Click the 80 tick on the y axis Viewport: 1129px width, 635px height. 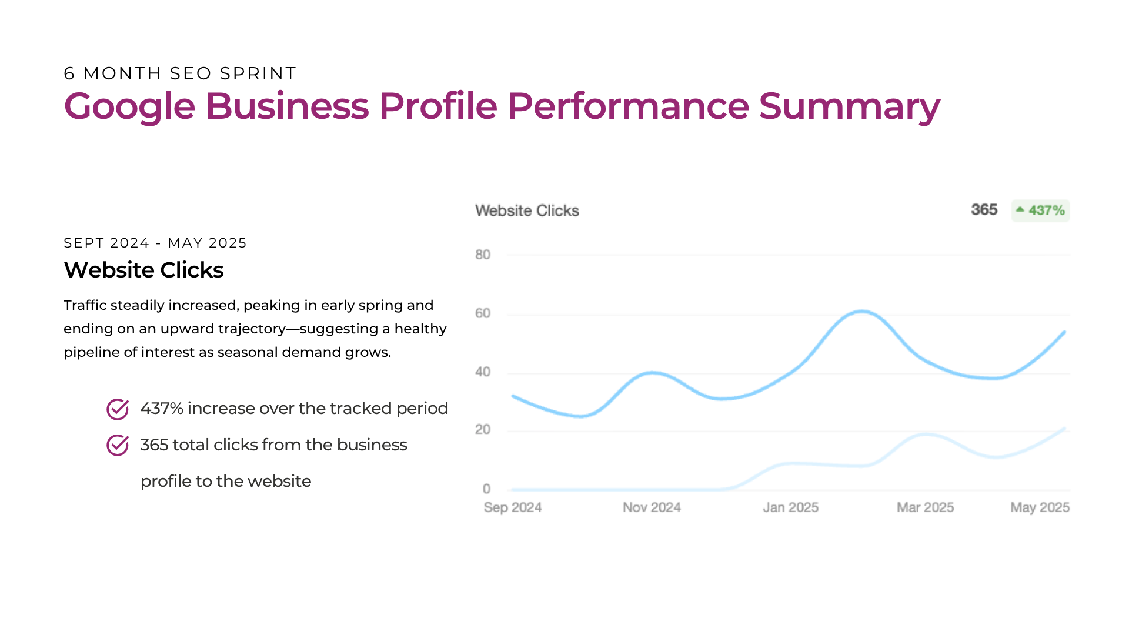[483, 255]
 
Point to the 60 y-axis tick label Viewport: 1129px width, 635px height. [483, 313]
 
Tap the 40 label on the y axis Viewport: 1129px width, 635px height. [483, 372]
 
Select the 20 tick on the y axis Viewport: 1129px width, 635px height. [483, 430]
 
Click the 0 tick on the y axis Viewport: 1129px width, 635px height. [486, 489]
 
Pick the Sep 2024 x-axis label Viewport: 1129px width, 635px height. [513, 507]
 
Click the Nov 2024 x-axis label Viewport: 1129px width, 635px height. [652, 507]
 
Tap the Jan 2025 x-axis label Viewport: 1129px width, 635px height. [791, 507]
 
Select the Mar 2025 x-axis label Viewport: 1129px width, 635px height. [926, 507]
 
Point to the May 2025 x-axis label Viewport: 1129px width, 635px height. [1040, 507]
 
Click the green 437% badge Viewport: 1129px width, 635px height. [1041, 210]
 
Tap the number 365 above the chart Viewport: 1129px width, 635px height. [984, 210]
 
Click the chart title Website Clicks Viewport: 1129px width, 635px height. [527, 210]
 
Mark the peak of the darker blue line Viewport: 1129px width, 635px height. [861, 311]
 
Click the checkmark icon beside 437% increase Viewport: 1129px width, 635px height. [118, 409]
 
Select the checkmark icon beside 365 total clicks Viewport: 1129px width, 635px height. [118, 445]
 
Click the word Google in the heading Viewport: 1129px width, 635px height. [129, 107]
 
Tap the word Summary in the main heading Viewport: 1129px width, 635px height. [850, 107]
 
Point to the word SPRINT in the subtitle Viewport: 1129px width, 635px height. [258, 73]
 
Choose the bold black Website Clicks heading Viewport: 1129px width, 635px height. [144, 270]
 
